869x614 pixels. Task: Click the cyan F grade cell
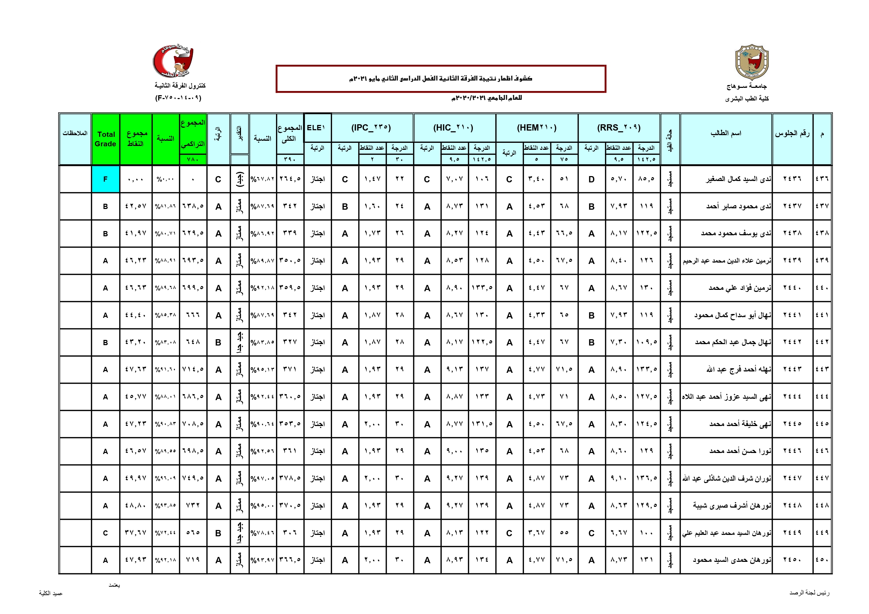tap(105, 179)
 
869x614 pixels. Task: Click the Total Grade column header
tap(105, 139)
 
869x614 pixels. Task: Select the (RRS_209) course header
tap(619, 128)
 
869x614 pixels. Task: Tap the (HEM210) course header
tap(536, 128)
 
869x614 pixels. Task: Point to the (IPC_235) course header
tap(371, 128)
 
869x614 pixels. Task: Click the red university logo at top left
tap(173, 61)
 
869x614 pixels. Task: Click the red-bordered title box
tap(441, 79)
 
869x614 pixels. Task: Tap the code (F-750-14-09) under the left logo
tap(178, 98)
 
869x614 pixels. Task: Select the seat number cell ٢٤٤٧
tap(792, 478)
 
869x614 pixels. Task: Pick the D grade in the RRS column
tap(591, 179)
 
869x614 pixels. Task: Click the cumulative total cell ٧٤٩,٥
tap(193, 478)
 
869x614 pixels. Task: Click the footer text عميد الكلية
tap(51, 593)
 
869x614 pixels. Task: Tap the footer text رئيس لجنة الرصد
tap(809, 592)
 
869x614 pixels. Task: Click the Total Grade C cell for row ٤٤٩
tap(105, 533)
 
